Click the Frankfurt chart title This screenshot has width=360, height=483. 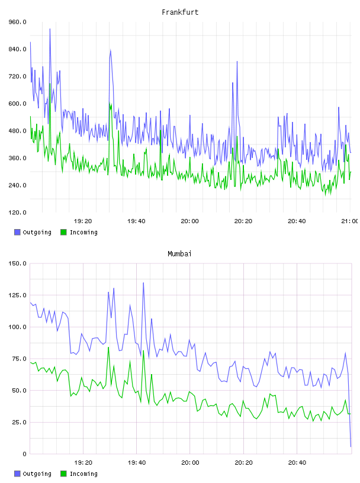(x=180, y=12)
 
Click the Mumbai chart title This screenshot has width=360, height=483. (x=179, y=254)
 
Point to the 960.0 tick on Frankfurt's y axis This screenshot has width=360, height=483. (x=17, y=22)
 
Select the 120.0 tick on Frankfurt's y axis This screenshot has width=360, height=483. (x=17, y=212)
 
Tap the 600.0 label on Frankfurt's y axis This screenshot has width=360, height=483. (x=17, y=104)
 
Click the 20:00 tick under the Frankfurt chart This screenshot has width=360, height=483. (x=189, y=221)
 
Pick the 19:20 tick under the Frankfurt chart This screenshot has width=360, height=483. (x=83, y=221)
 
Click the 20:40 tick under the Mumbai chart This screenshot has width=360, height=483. (x=297, y=462)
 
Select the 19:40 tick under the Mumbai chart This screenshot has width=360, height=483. (x=137, y=462)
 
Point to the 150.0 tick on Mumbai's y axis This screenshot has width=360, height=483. (x=17, y=263)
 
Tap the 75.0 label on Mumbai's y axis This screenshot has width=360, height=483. (x=18, y=359)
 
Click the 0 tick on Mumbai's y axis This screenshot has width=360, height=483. (x=24, y=454)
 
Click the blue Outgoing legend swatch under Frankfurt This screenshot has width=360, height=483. (x=17, y=232)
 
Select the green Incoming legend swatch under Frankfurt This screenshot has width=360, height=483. (x=63, y=232)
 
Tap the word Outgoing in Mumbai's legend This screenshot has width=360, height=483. (x=37, y=474)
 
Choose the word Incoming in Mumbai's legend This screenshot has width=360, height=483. (x=83, y=474)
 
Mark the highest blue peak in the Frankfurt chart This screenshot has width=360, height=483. (x=50, y=29)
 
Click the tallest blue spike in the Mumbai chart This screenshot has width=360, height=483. (x=143, y=283)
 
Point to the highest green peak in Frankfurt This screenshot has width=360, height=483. (x=50, y=84)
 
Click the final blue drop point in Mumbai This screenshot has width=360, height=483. (x=351, y=446)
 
